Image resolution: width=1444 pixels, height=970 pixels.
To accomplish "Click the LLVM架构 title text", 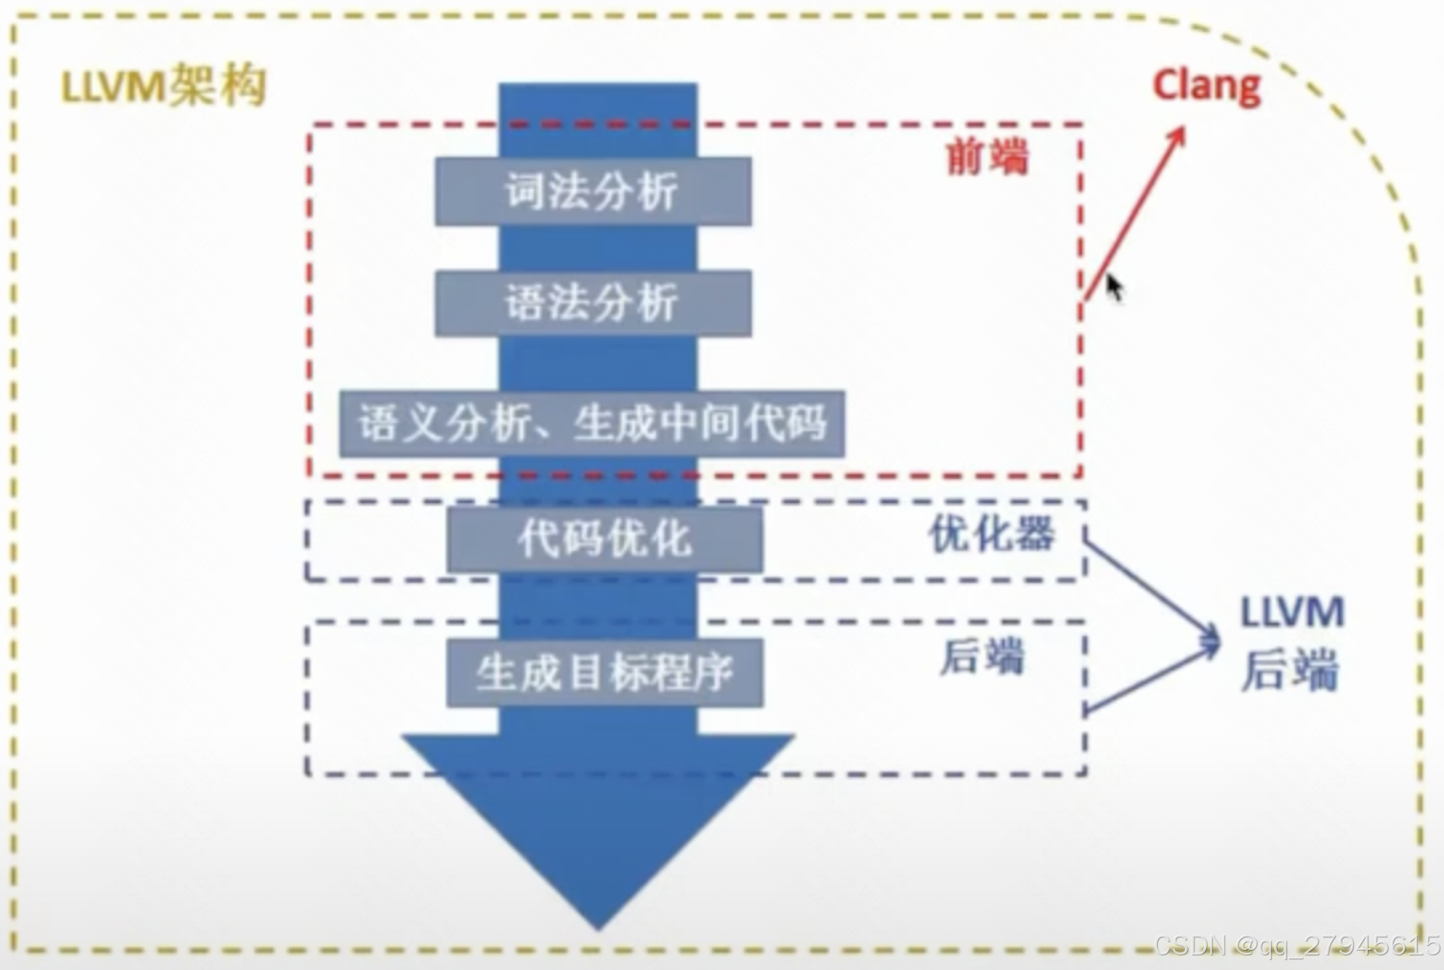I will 163,87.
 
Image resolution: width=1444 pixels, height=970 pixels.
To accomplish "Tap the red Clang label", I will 1206,86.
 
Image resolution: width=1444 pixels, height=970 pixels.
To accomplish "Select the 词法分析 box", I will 594,191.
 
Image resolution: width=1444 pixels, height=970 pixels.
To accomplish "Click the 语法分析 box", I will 594,303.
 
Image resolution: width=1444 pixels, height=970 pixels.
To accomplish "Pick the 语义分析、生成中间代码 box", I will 592,424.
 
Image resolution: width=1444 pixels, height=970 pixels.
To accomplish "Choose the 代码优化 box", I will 605,538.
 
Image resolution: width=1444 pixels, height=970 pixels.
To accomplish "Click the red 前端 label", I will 988,158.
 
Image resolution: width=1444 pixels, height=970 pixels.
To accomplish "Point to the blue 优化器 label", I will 992,534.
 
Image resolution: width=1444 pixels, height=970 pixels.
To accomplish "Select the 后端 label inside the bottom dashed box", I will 982,657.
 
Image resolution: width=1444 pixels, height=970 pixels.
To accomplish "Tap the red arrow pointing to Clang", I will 1135,213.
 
